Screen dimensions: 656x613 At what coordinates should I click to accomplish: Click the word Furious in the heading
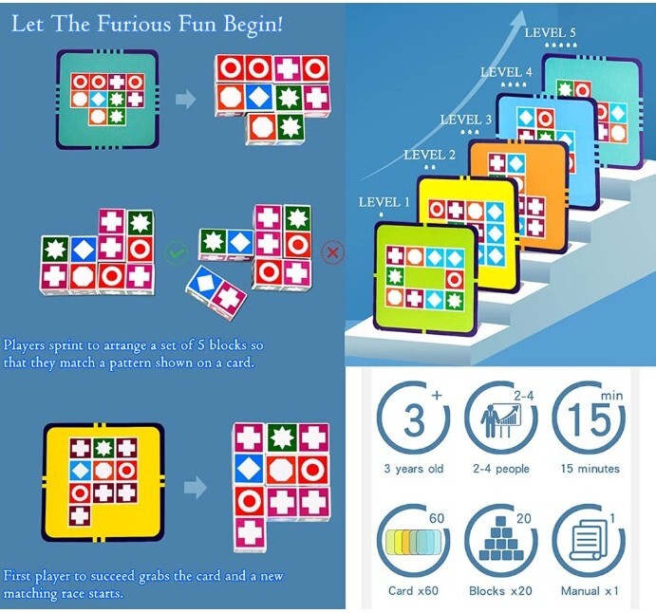pos(134,24)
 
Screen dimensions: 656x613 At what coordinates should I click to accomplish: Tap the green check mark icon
pos(177,252)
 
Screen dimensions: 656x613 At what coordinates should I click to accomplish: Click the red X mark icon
pos(333,252)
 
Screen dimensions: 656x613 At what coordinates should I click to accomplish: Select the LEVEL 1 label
pos(384,202)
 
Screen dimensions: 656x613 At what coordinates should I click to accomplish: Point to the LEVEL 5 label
pos(551,32)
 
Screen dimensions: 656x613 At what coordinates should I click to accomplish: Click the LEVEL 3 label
pos(465,120)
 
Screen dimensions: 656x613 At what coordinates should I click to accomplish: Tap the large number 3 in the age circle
pos(414,419)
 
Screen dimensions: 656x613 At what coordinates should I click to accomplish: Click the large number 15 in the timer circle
pos(589,419)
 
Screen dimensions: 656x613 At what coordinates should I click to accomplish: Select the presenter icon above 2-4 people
pos(501,420)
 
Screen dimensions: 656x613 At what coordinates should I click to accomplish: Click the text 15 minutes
pos(590,469)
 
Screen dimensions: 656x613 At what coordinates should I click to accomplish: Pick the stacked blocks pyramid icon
pos(501,539)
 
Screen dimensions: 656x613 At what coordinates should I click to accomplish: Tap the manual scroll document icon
pos(589,540)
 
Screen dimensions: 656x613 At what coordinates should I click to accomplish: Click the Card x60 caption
pos(413,591)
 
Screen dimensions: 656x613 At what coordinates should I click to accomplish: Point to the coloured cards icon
pos(413,543)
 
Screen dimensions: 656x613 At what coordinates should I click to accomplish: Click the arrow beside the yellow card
pos(196,487)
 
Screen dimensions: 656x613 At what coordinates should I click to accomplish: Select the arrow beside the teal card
pos(186,100)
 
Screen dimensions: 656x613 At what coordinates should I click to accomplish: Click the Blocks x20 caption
pos(500,591)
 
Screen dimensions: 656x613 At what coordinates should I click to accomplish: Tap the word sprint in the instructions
pos(74,345)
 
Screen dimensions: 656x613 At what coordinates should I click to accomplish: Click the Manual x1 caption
pos(590,591)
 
